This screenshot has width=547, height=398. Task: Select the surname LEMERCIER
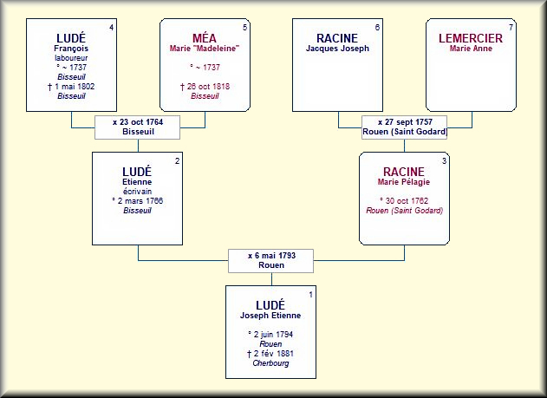click(x=470, y=37)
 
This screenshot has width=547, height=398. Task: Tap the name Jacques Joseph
click(x=337, y=49)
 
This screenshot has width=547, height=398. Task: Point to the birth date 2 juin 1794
click(x=271, y=334)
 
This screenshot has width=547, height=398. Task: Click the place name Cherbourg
click(x=271, y=363)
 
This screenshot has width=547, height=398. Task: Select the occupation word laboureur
click(x=70, y=58)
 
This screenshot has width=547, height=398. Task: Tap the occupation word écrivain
click(x=138, y=191)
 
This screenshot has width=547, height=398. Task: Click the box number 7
click(x=511, y=28)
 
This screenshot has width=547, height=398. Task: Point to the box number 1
click(x=311, y=297)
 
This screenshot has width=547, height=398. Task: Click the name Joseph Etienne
click(x=271, y=316)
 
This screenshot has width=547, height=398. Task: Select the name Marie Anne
click(x=470, y=49)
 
